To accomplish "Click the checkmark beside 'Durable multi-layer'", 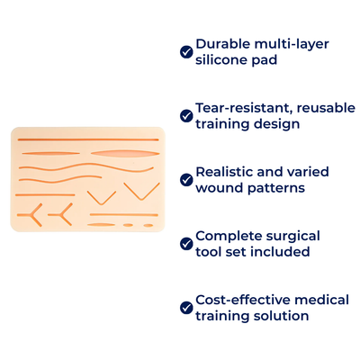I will pyautogui.click(x=186, y=51).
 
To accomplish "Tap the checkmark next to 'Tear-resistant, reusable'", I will pyautogui.click(x=186, y=115).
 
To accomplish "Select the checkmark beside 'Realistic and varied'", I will pyautogui.click(x=186, y=179).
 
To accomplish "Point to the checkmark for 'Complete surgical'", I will pyautogui.click(x=186, y=243).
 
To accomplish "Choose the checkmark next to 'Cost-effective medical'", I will pyautogui.click(x=186, y=307).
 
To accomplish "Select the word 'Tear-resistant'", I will pyautogui.click(x=237, y=107).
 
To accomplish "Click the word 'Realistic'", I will pyautogui.click(x=224, y=171).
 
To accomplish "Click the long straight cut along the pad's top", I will pyautogui.click(x=87, y=140).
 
